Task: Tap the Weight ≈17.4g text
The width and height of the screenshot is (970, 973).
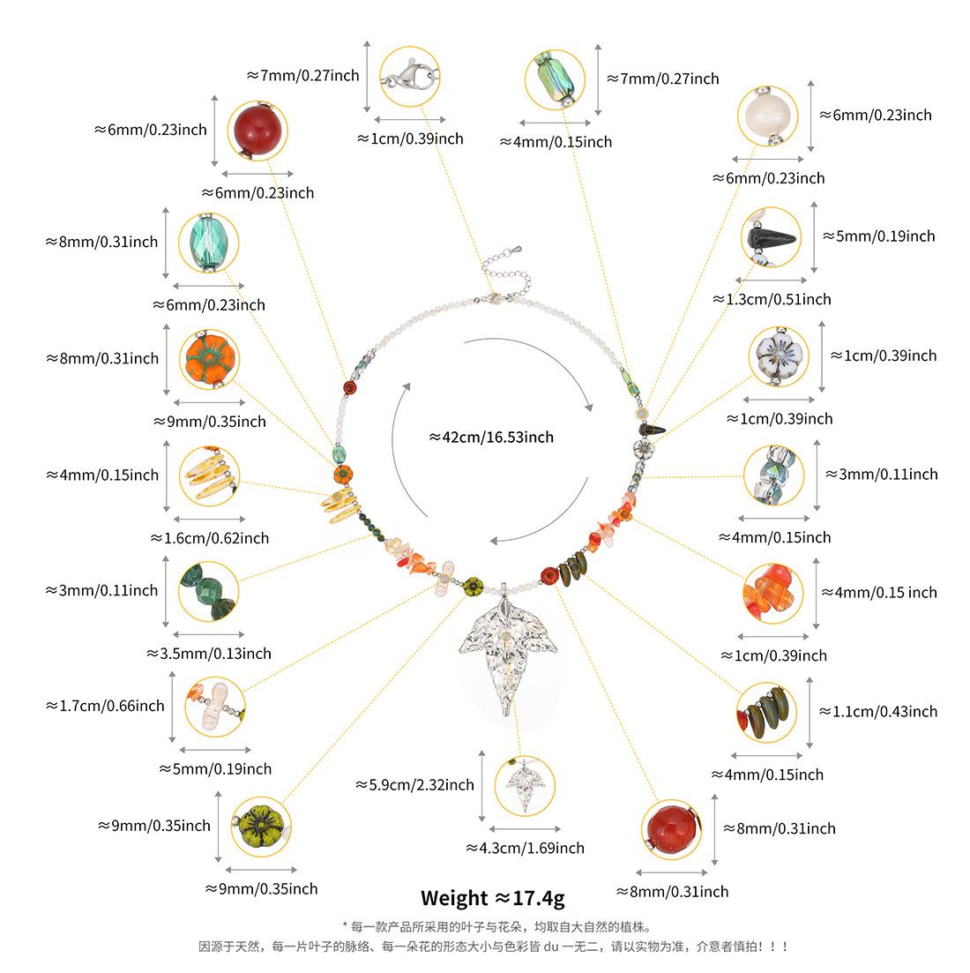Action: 492,898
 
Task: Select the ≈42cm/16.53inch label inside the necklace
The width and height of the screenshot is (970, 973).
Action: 491,437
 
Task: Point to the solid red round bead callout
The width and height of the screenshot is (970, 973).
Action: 257,131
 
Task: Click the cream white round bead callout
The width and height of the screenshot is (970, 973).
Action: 767,116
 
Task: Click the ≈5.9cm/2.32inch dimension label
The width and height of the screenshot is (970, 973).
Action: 414,784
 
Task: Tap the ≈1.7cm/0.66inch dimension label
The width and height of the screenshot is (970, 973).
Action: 105,705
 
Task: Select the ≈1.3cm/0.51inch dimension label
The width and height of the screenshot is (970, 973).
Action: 772,299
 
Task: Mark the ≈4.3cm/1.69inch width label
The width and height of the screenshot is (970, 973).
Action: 525,848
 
